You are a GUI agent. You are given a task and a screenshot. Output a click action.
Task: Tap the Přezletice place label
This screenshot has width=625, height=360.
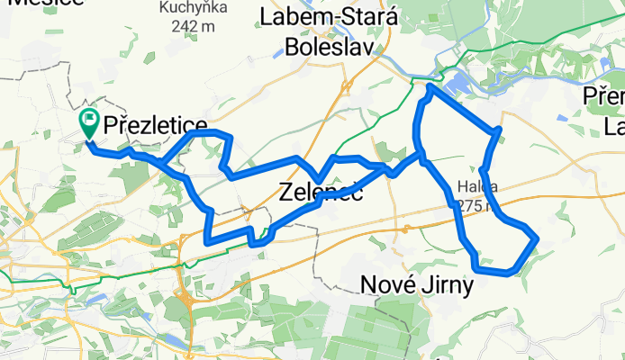click(x=156, y=126)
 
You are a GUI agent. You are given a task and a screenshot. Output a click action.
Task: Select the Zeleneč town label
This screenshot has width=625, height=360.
click(x=321, y=191)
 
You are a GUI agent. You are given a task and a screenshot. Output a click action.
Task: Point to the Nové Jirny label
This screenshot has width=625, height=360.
click(x=415, y=285)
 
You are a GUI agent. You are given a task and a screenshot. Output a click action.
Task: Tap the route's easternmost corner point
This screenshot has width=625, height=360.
click(x=537, y=238)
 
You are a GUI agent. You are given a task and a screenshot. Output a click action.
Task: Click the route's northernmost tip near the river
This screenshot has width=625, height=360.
click(x=430, y=86)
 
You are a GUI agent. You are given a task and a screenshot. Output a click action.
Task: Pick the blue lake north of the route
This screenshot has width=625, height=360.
click(x=459, y=84)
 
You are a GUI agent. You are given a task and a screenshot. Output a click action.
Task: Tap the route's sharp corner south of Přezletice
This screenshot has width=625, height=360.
click(x=209, y=241)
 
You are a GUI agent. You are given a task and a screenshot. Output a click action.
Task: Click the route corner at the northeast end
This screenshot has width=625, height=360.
click(x=498, y=131)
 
